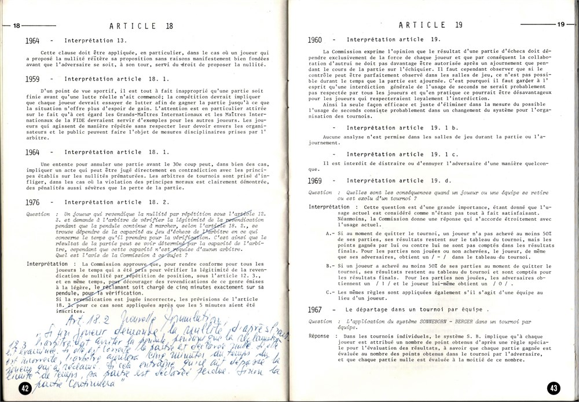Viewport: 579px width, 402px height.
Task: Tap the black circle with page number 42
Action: [x=25, y=388]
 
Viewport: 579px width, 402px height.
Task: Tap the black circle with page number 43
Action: [x=553, y=388]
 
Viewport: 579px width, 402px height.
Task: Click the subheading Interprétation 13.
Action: [x=92, y=42]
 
